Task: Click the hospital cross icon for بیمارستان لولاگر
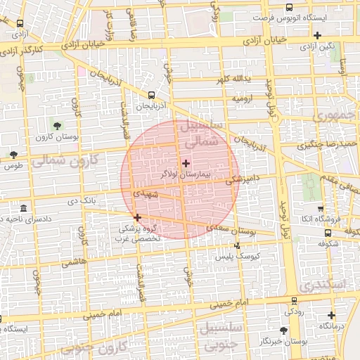pyautogui.click(x=185, y=163)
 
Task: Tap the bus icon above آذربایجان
pyautogui.click(x=152, y=96)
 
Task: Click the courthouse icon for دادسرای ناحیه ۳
pyautogui.click(x=24, y=209)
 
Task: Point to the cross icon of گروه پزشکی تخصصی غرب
pyautogui.click(x=137, y=217)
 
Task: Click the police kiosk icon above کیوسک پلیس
pyautogui.click(x=237, y=245)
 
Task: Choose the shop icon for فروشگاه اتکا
pyautogui.click(x=321, y=209)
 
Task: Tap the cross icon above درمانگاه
pyautogui.click(x=331, y=316)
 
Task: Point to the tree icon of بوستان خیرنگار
pyautogui.click(x=283, y=329)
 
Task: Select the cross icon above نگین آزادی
pyautogui.click(x=318, y=35)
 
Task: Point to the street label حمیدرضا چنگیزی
pyautogui.click(x=327, y=144)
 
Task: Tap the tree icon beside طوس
pyautogui.click(x=13, y=154)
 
